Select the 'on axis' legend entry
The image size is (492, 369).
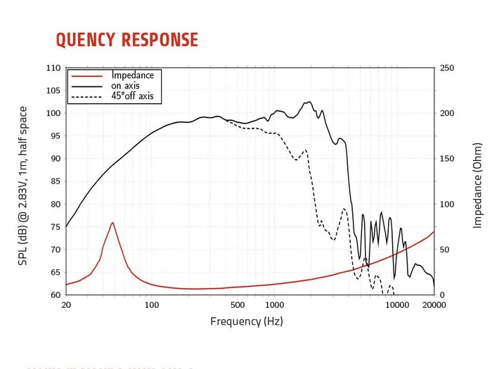pyautogui.click(x=127, y=86)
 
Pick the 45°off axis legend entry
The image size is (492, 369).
pyautogui.click(x=132, y=96)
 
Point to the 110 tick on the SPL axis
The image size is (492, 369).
pyautogui.click(x=53, y=68)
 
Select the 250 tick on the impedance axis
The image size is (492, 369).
pyautogui.click(x=448, y=68)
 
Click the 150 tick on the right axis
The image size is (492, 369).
pyautogui.click(x=448, y=159)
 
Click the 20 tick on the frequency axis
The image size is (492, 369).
pyautogui.click(x=66, y=305)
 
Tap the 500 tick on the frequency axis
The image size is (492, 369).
pyautogui.click(x=238, y=305)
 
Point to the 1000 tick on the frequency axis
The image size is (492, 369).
pyautogui.click(x=274, y=305)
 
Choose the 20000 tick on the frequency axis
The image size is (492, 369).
pyautogui.click(x=434, y=305)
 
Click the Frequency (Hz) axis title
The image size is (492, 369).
pyautogui.click(x=246, y=321)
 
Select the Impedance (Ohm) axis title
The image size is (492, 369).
pyautogui.click(x=478, y=181)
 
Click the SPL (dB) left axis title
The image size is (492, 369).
pyautogui.click(x=23, y=181)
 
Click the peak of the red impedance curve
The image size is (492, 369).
pyautogui.click(x=112, y=223)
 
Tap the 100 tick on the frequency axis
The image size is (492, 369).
pyautogui.click(x=152, y=305)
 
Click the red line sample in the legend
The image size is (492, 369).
pyautogui.click(x=87, y=75)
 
